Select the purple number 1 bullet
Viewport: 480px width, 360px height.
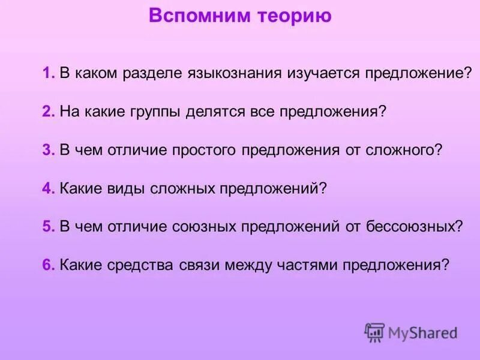point(47,73)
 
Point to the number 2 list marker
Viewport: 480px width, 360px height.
point(47,112)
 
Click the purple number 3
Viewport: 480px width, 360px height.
point(47,150)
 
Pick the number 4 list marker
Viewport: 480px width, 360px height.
point(47,188)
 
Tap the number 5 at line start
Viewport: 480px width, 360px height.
point(47,227)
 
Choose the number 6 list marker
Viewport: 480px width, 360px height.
point(47,265)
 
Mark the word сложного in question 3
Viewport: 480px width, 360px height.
point(404,151)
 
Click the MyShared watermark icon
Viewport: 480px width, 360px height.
point(375,332)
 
